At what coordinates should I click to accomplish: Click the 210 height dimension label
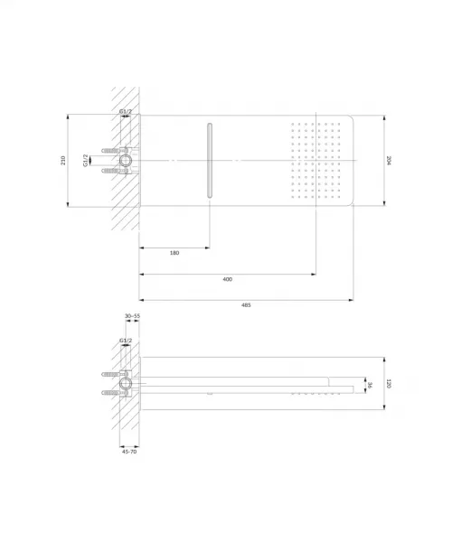(63, 161)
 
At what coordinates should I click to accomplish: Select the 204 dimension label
(389, 161)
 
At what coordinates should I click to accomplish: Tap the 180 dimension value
(174, 253)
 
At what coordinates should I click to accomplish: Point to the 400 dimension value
(227, 279)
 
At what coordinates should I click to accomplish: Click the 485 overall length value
(246, 305)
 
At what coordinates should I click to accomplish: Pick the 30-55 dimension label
(133, 316)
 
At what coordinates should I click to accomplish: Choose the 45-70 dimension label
(129, 452)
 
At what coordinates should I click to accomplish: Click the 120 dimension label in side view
(389, 383)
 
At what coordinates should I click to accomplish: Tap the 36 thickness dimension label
(370, 385)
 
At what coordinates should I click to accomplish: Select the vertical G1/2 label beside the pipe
(85, 161)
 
